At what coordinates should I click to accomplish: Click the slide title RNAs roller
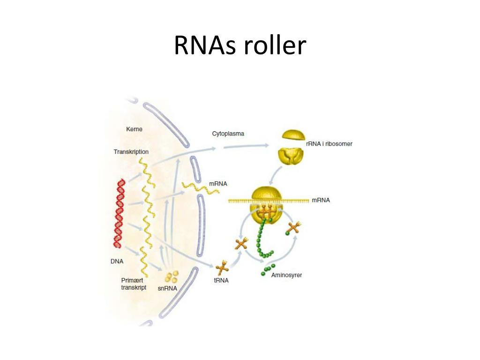pos(240,46)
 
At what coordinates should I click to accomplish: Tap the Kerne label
pos(134,129)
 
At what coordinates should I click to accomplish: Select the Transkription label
pos(131,152)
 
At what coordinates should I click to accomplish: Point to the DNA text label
pos(117,262)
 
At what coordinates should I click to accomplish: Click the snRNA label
pos(167,288)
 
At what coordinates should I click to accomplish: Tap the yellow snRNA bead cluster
pos(172,276)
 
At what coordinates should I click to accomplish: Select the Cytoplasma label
pos(228,134)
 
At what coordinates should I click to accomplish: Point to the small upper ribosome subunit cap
pos(293,135)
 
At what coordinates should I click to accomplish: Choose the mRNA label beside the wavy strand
pos(218,184)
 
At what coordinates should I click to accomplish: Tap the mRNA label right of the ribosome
pos(321,200)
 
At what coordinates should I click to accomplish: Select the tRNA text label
pos(221,281)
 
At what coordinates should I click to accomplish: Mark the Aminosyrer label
pos(286,275)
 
